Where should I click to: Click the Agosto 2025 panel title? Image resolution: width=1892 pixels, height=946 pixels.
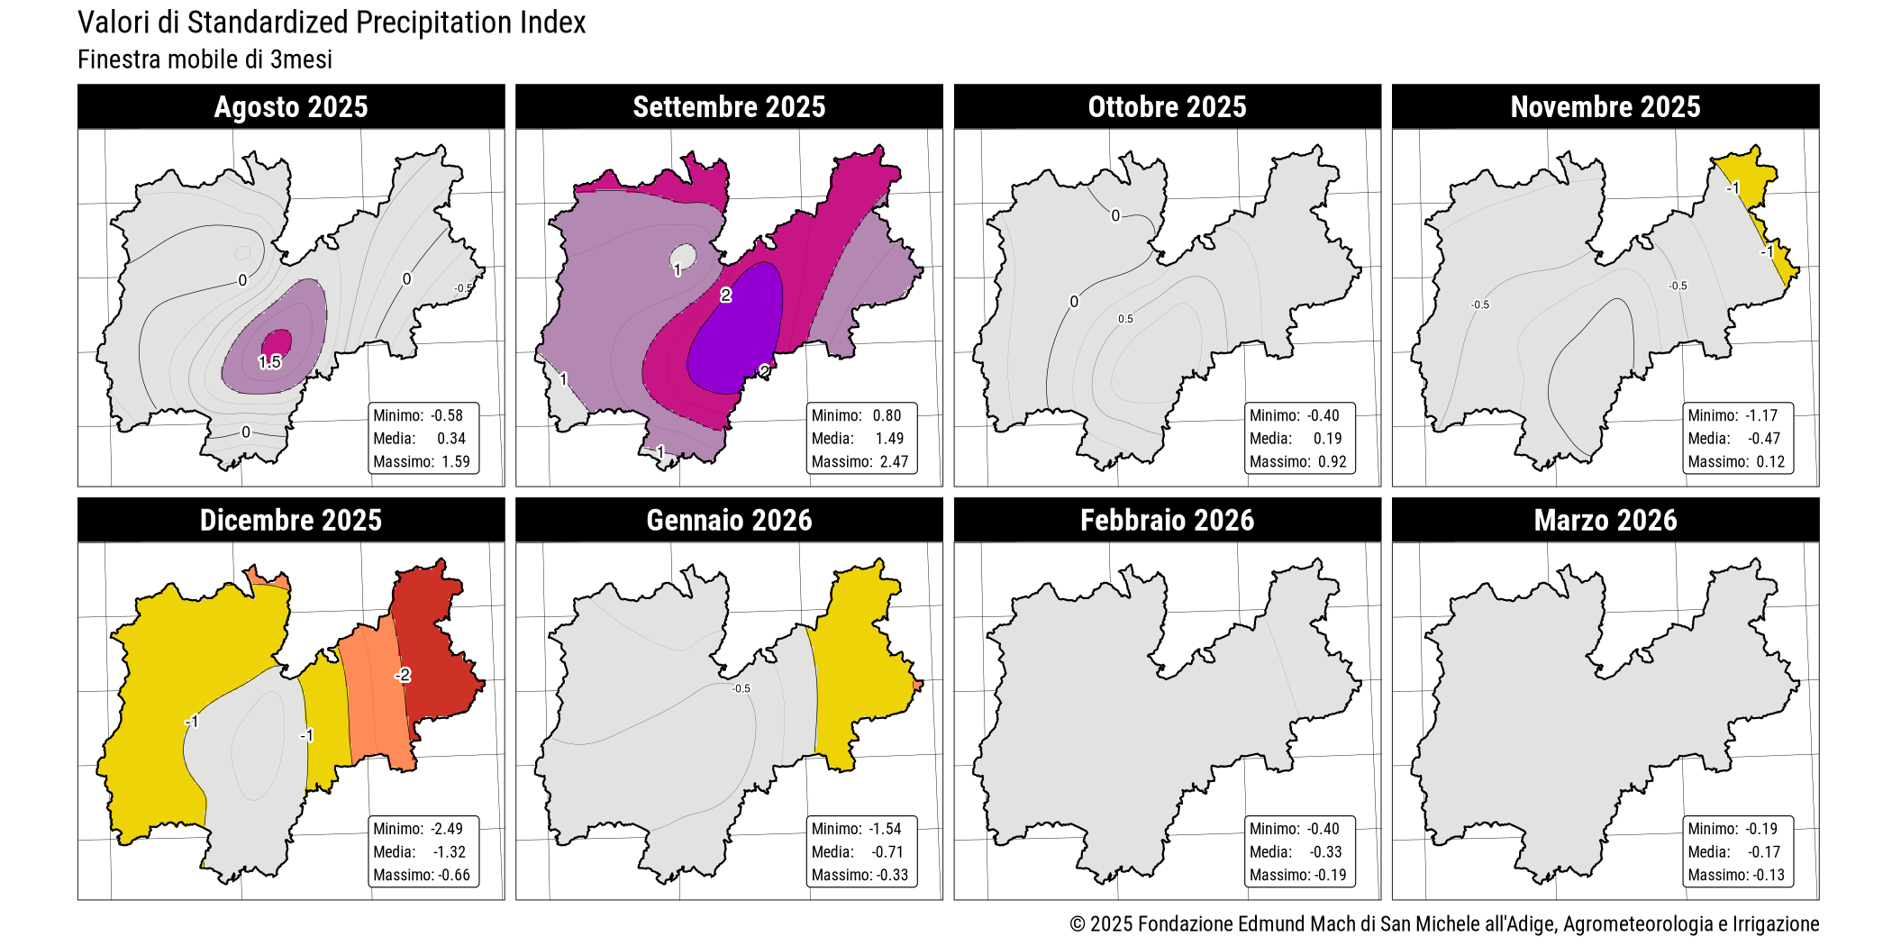coord(291,107)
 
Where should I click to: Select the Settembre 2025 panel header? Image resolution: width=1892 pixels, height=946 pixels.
coord(729,107)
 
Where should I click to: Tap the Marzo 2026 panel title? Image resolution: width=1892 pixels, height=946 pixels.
coord(1605,521)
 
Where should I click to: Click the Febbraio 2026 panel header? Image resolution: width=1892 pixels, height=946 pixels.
coord(1167,521)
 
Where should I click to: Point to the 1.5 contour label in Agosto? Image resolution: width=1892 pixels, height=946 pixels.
coord(269,362)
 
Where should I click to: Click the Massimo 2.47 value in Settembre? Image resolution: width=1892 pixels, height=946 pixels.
coord(894,462)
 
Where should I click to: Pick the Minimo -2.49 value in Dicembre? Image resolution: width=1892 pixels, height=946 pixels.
coord(447,829)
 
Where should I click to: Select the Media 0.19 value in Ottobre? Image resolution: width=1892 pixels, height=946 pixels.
coord(1327,439)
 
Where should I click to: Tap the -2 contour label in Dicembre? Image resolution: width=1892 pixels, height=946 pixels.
coord(403,675)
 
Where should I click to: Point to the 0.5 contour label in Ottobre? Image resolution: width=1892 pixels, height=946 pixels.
coord(1125,319)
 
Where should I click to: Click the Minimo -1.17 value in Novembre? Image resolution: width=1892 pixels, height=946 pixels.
coord(1761,415)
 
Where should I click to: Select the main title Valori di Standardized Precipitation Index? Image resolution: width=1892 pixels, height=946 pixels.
coord(332,23)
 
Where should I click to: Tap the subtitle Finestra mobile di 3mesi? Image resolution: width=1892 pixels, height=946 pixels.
coord(205,59)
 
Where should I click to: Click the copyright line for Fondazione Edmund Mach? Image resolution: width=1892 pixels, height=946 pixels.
coord(1443,923)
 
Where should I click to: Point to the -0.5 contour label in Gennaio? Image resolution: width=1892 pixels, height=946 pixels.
coord(741,688)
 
